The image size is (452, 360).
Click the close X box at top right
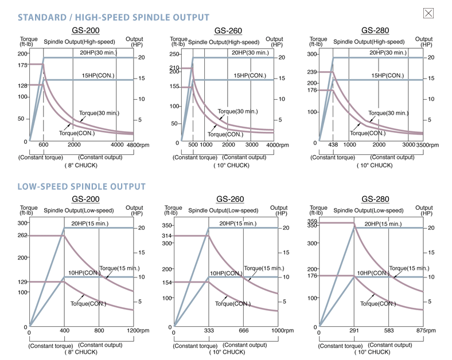428,13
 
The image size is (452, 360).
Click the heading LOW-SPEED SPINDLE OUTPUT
81,186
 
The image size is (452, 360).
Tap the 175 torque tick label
22,65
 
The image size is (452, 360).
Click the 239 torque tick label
313,72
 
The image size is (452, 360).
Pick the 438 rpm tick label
333,145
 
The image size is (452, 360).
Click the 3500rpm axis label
428,145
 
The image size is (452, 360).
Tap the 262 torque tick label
22,236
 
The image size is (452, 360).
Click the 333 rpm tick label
209,331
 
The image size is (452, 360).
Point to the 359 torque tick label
312,221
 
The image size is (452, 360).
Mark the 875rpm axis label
427,331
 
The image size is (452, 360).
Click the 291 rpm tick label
353,331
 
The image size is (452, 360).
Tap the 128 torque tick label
22,86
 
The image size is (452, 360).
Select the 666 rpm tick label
243,331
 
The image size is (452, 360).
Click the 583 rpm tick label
389,331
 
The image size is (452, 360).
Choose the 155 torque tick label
174,87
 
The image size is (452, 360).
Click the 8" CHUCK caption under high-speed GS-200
81,165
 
